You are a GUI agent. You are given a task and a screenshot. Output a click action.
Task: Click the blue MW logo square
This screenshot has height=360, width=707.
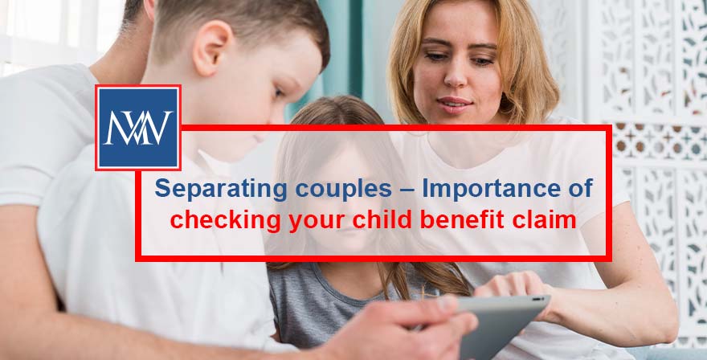tap(137, 128)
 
